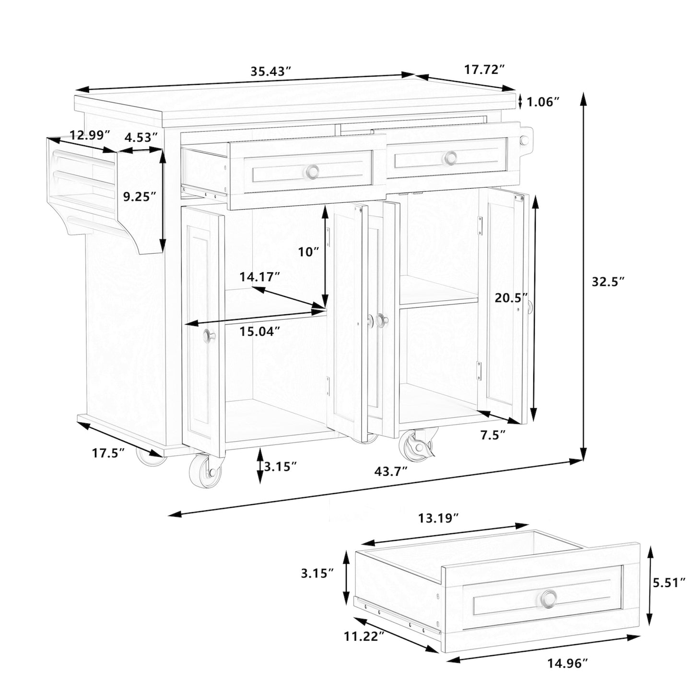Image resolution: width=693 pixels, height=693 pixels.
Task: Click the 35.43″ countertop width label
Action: (x=270, y=71)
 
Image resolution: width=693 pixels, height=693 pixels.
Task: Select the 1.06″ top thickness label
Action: (x=543, y=103)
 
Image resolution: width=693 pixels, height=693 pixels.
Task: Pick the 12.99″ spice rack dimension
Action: (x=90, y=135)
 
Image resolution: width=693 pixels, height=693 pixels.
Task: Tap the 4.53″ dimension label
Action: (x=141, y=137)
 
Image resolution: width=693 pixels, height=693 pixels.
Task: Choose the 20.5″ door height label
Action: (x=511, y=298)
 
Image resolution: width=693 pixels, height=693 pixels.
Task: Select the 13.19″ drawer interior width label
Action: (x=438, y=518)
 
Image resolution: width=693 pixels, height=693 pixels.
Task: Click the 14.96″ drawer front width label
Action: (x=567, y=672)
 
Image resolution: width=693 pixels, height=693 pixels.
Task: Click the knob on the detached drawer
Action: (x=549, y=598)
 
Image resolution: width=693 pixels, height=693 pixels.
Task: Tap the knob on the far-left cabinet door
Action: (x=209, y=335)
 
